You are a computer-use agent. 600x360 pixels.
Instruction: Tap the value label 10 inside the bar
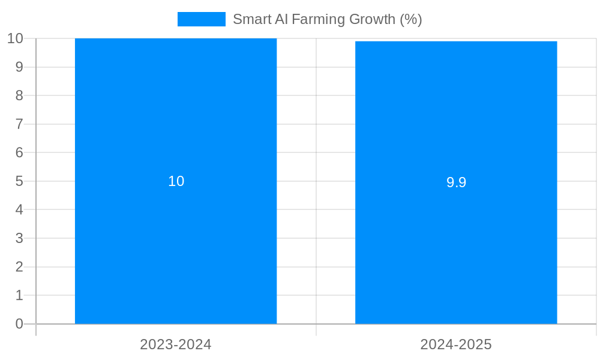click(176, 181)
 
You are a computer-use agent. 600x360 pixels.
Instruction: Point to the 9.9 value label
click(456, 182)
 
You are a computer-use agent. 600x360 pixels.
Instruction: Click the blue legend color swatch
click(201, 19)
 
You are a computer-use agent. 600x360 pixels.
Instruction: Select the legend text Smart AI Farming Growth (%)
click(327, 19)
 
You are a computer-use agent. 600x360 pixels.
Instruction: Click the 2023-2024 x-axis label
click(176, 344)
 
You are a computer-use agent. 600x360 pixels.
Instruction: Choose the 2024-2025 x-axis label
click(456, 344)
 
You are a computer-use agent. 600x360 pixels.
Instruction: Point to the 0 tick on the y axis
click(19, 324)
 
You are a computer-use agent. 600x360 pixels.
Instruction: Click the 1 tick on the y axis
click(19, 295)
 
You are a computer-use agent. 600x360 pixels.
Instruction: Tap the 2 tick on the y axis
click(19, 267)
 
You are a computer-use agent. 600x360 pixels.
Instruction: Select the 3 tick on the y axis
click(19, 238)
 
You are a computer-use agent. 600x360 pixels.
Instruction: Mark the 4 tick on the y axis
click(19, 210)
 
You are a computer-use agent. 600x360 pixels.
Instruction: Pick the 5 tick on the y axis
click(19, 181)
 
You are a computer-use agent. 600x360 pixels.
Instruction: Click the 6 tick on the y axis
click(19, 152)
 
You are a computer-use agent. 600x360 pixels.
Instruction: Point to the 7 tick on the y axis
click(19, 124)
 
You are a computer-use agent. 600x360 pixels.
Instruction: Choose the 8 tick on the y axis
click(19, 95)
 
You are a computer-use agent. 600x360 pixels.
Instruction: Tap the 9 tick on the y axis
click(19, 67)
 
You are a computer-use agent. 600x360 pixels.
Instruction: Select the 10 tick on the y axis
click(15, 38)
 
